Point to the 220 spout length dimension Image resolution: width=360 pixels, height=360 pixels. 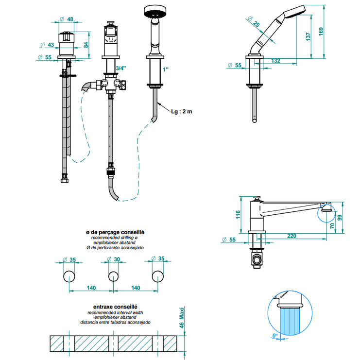click(291, 236)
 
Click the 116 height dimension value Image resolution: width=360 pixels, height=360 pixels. click(238, 214)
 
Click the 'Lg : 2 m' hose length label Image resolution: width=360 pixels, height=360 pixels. click(182, 111)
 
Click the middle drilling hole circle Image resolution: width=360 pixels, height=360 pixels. click(113, 276)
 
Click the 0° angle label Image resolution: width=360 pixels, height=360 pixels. click(275, 335)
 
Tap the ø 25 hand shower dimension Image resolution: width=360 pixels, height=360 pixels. click(254, 23)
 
